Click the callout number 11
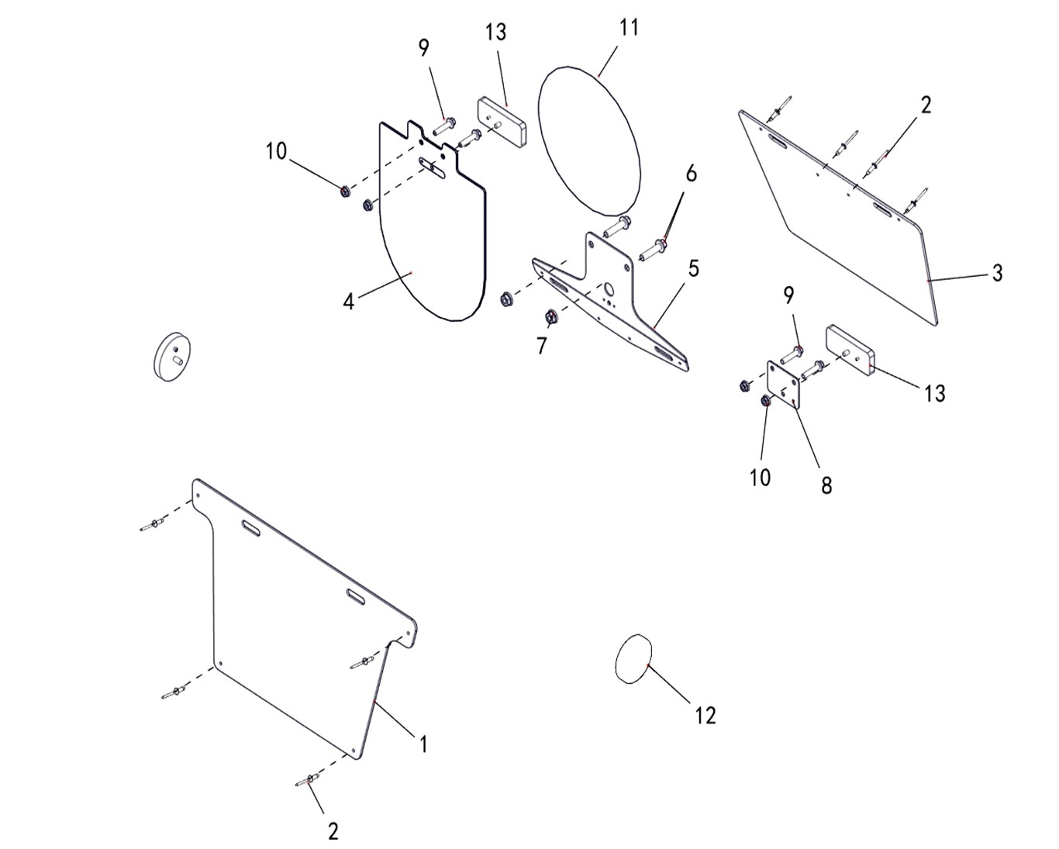click(629, 28)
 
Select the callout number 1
click(424, 744)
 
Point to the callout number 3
click(997, 273)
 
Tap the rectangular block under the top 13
click(502, 122)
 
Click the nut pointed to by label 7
click(551, 317)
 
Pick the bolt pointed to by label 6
click(653, 250)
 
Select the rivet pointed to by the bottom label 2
click(307, 779)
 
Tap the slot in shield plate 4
click(432, 167)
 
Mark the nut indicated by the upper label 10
click(345, 191)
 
